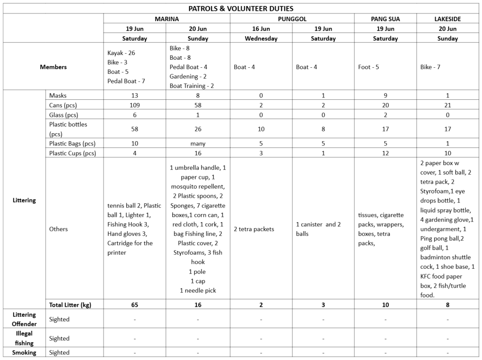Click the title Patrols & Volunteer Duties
click(x=241, y=8)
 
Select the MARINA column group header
click(x=167, y=19)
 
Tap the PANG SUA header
click(x=385, y=19)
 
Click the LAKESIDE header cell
click(x=447, y=19)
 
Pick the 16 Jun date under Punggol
click(x=261, y=29)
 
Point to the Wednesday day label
click(x=261, y=39)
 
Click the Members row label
click(x=53, y=67)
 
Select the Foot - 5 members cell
click(x=369, y=67)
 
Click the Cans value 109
click(x=135, y=105)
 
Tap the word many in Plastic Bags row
click(x=198, y=144)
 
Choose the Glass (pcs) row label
click(x=64, y=115)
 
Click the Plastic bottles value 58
click(x=135, y=129)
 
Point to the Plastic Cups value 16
click(x=198, y=153)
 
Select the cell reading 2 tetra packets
click(x=254, y=229)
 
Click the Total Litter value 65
click(x=135, y=304)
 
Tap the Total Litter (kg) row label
click(x=70, y=304)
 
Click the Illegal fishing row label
click(x=24, y=338)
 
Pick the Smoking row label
click(x=24, y=352)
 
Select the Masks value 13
click(x=135, y=96)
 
